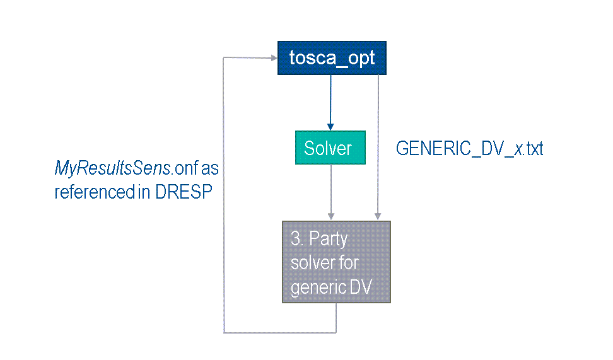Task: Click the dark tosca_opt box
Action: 332,58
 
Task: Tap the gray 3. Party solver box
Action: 336,262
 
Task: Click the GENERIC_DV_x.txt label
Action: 469,149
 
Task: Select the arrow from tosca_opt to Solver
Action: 329,101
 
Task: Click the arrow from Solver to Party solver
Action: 331,189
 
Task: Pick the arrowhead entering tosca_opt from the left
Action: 274,58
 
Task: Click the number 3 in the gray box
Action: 295,240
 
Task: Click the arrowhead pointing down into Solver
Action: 329,126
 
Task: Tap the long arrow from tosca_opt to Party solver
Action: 378,145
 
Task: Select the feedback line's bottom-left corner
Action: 225,332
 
